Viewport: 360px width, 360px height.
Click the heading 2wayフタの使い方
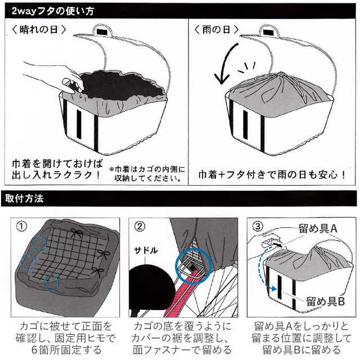tap(53, 11)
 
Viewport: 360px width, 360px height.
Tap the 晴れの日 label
tap(39, 30)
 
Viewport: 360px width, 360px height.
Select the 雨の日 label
tap(216, 30)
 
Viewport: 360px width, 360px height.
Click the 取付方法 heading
tap(24, 199)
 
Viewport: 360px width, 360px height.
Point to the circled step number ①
tap(21, 227)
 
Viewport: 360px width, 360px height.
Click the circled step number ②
tap(139, 227)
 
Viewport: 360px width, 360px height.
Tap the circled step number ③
tap(258, 227)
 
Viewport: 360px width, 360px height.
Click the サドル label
tap(146, 250)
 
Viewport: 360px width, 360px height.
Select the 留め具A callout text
tap(318, 229)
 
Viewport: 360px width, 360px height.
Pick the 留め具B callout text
tap(325, 301)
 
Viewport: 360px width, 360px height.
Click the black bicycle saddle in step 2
tap(151, 287)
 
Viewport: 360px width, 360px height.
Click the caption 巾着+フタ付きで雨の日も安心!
tap(272, 175)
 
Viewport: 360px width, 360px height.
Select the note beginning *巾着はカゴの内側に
tap(147, 174)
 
